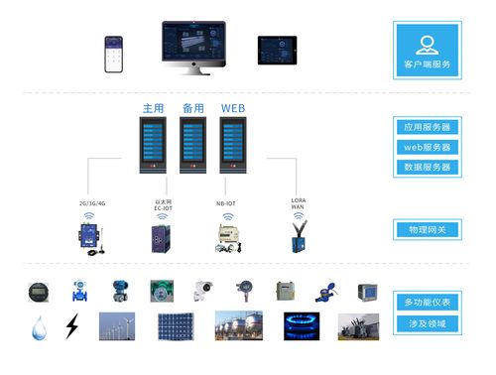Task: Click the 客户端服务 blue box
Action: pyautogui.click(x=428, y=52)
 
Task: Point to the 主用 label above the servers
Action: pyautogui.click(x=153, y=107)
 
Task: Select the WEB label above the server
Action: pyautogui.click(x=232, y=107)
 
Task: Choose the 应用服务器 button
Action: pyautogui.click(x=428, y=128)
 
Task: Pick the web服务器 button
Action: pyautogui.click(x=428, y=147)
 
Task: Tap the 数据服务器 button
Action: pyautogui.click(x=428, y=167)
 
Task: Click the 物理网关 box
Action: pyautogui.click(x=428, y=229)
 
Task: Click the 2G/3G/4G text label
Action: pyautogui.click(x=92, y=203)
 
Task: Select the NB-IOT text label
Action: pyautogui.click(x=226, y=203)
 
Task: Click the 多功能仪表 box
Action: pyautogui.click(x=428, y=302)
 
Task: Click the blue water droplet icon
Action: pyautogui.click(x=38, y=327)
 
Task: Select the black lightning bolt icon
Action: pyautogui.click(x=71, y=327)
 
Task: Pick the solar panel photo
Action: pyautogui.click(x=176, y=327)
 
